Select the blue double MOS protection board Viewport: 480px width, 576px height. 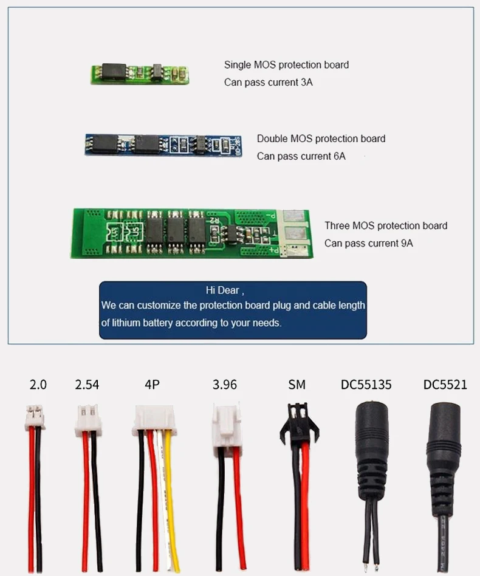tap(163, 145)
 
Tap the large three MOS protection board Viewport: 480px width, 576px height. tap(191, 232)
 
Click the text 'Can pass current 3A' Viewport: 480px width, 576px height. tap(268, 82)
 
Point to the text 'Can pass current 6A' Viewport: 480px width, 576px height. tap(301, 156)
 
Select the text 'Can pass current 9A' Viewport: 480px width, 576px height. tap(368, 243)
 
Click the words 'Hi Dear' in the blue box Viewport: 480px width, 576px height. tap(223, 290)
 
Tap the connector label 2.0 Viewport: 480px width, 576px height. tap(38, 385)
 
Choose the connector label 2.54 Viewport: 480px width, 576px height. tap(87, 385)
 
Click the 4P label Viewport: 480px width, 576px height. tap(152, 385)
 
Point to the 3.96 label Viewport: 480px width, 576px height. tap(225, 385)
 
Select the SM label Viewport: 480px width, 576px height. tap(297, 385)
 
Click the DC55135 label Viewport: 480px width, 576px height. tap(366, 385)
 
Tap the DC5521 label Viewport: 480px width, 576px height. tap(445, 385)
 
